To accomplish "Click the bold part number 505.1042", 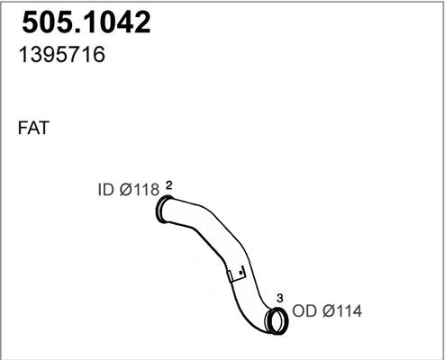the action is (86, 22).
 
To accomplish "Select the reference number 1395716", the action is (62, 55).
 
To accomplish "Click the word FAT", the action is (33, 128).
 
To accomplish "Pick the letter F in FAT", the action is (23, 128).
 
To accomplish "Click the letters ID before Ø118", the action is (106, 190).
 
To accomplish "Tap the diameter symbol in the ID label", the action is (126, 190).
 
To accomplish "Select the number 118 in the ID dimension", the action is (146, 190).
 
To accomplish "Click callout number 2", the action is (169, 185).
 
